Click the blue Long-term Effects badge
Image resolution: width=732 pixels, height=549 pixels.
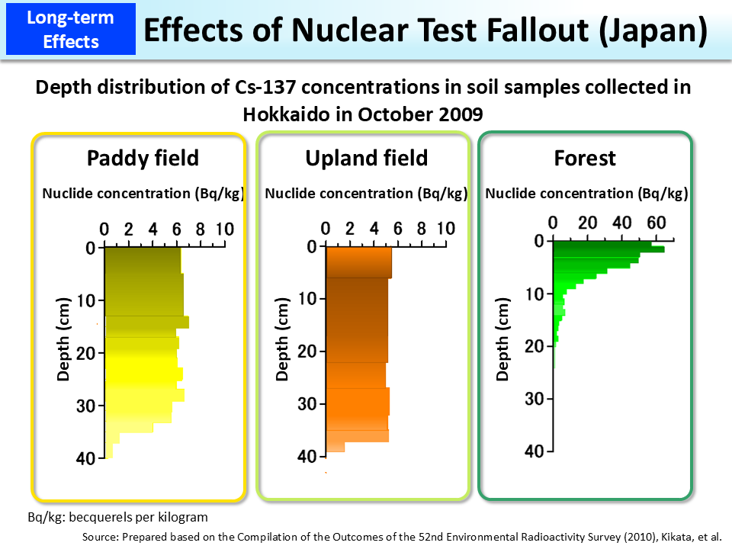tap(70, 28)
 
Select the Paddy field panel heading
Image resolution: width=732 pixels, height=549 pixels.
tap(143, 158)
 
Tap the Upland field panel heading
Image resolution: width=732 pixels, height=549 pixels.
tap(367, 158)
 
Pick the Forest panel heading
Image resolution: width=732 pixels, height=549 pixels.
tap(585, 158)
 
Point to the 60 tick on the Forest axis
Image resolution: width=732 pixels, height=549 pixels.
tap(657, 223)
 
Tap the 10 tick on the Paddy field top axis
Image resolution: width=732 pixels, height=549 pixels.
tap(224, 230)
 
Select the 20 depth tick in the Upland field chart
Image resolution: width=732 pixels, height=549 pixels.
tap(307, 351)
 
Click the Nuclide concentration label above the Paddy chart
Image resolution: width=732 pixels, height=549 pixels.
tap(143, 194)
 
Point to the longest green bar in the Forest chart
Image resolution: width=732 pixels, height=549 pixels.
tap(608, 249)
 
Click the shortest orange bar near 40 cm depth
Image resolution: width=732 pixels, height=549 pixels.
tap(335, 447)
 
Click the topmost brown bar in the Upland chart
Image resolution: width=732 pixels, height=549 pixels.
tap(358, 262)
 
